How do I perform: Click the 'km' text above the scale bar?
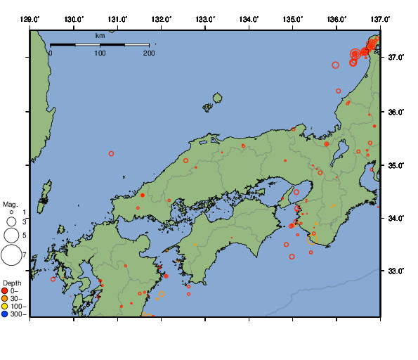coord(100,35)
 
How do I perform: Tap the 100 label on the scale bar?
coord(100,53)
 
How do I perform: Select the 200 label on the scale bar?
coord(148,53)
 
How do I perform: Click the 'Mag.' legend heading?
coord(10,204)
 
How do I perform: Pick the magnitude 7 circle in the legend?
coord(11,255)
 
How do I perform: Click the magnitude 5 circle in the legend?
coord(11,235)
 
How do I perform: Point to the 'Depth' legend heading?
coord(12,283)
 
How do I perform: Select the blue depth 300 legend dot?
coord(5,314)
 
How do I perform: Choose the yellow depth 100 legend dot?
coord(5,307)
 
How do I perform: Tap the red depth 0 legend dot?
coord(5,290)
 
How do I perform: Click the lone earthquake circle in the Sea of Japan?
coord(111,153)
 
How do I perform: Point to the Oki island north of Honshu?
coord(217,98)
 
